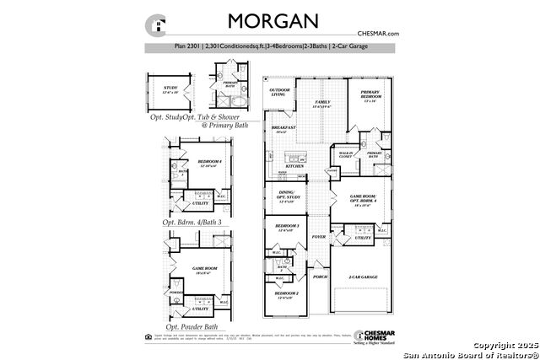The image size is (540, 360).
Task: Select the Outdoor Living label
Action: tap(279, 92)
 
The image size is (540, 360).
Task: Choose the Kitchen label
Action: tap(294, 167)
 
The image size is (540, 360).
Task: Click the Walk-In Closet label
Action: tap(345, 155)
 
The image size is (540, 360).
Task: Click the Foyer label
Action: tap(319, 238)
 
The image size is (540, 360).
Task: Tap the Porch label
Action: tap(320, 277)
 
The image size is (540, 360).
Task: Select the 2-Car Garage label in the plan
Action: tap(363, 277)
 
